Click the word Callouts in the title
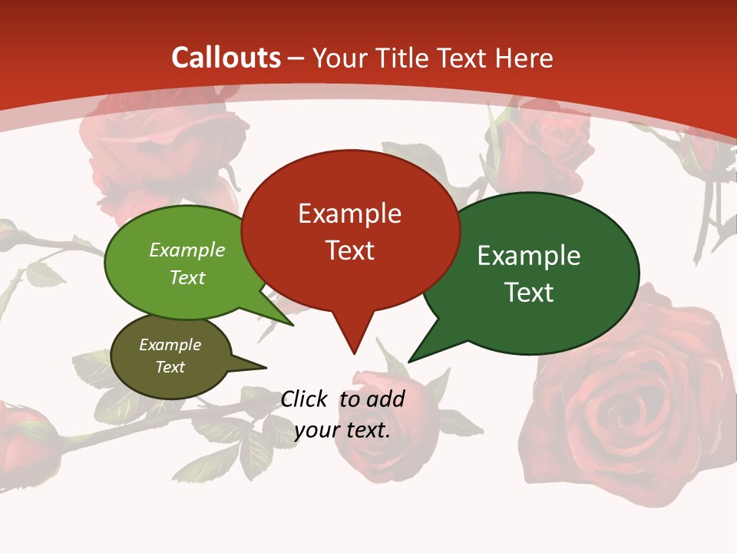click(226, 58)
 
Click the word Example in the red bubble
click(349, 214)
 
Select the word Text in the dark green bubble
click(529, 293)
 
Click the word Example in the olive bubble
click(170, 345)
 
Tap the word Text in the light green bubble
click(187, 278)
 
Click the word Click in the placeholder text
click(305, 399)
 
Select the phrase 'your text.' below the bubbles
click(342, 429)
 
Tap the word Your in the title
click(341, 58)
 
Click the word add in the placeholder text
click(385, 399)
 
